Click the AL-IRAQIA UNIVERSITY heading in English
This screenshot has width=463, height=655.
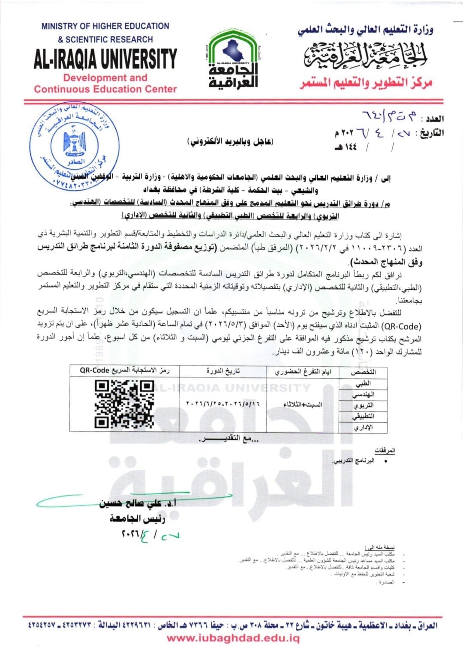(105, 59)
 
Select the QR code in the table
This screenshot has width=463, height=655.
(124, 404)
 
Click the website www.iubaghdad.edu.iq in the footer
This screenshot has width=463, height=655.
(233, 638)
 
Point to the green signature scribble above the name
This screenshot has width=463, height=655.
(129, 499)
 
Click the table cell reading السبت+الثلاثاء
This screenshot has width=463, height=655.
(303, 404)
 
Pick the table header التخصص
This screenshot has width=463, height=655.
(363, 372)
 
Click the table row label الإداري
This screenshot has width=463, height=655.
(364, 428)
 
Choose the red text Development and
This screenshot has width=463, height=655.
(105, 78)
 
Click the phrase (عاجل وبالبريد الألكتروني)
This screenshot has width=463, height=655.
(231, 141)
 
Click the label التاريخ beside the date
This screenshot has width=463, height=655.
(431, 133)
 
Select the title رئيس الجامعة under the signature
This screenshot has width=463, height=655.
(137, 519)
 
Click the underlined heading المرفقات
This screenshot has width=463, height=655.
(385, 451)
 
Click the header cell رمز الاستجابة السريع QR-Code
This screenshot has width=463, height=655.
(124, 371)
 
